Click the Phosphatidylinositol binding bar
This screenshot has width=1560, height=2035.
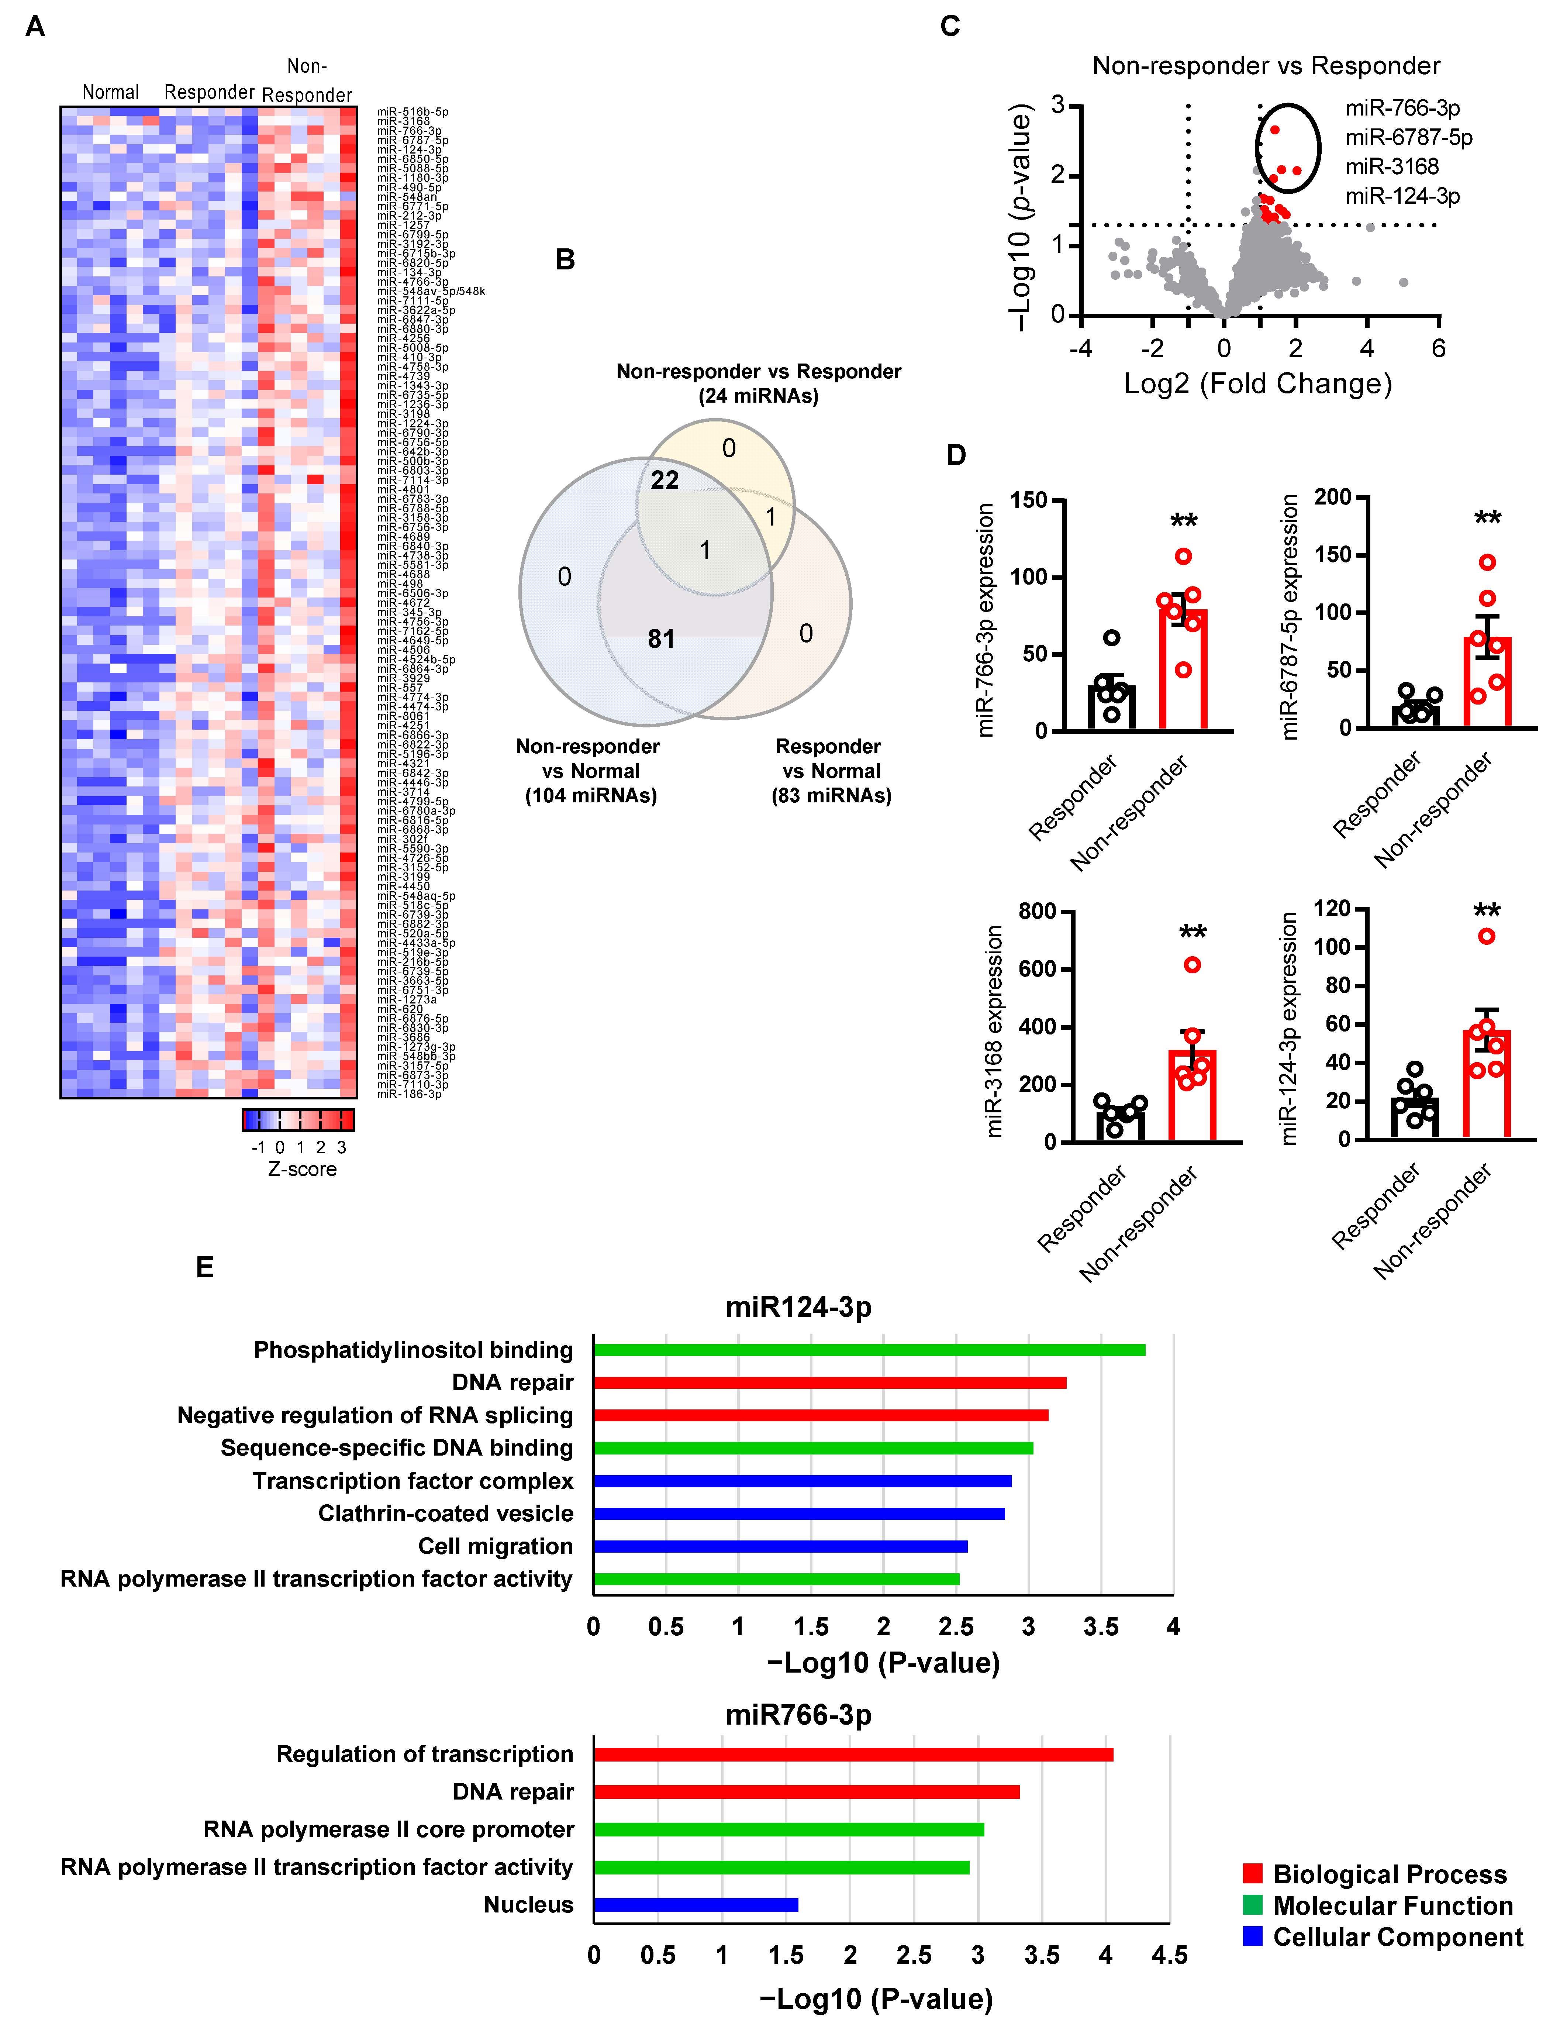(868, 1350)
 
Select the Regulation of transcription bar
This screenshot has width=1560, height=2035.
(852, 1755)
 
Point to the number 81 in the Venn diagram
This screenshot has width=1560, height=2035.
(661, 639)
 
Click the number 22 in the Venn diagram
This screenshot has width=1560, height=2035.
(665, 480)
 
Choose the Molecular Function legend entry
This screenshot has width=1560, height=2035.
(1392, 1906)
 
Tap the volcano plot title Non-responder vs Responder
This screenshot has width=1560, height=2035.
(1266, 66)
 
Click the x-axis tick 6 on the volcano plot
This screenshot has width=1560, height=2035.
(1438, 348)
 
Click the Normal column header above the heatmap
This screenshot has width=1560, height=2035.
(110, 92)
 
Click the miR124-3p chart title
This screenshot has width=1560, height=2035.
(798, 1307)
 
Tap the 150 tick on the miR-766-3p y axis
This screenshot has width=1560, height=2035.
(1028, 500)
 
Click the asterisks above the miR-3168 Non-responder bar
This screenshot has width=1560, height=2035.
(1192, 933)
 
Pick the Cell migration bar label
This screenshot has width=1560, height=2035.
(495, 1546)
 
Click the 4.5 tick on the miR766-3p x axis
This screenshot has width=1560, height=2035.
(1169, 1955)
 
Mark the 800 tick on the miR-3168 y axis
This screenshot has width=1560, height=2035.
(1037, 911)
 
